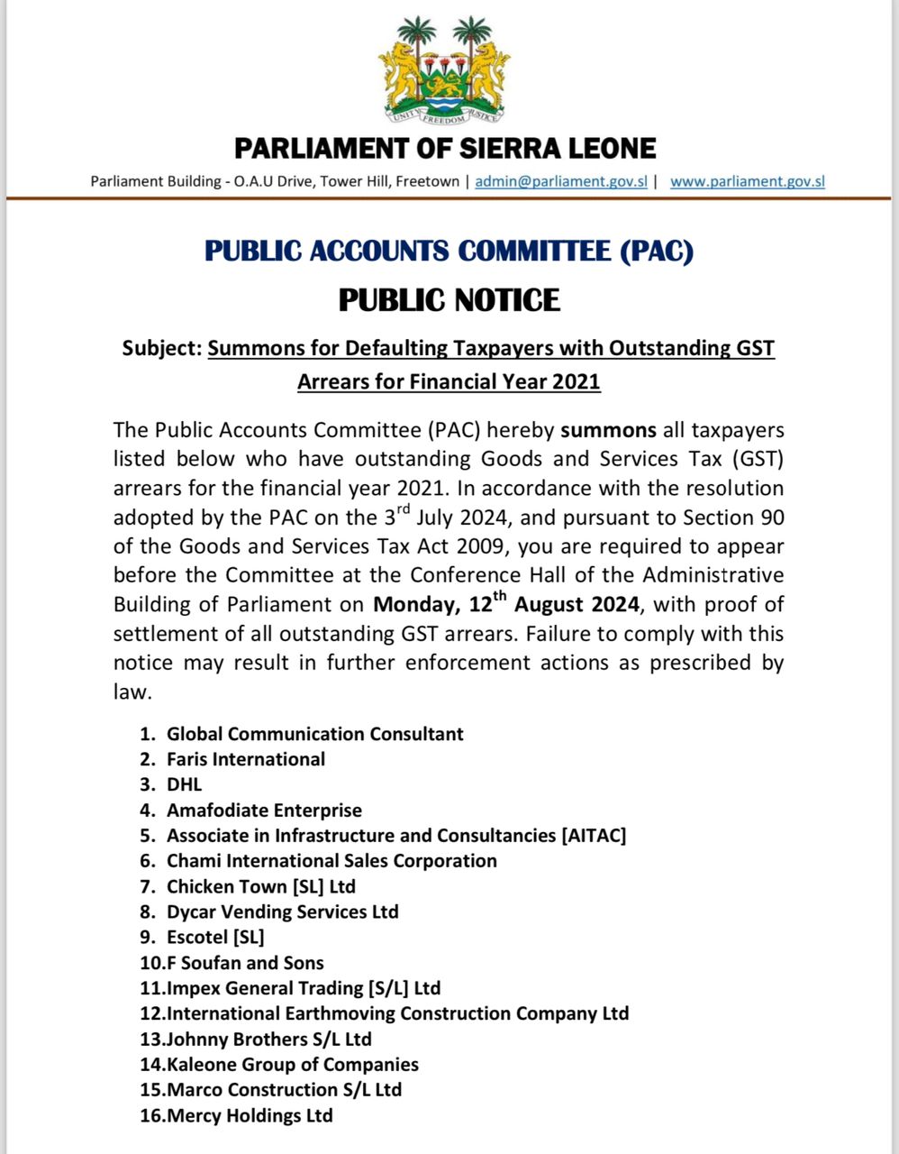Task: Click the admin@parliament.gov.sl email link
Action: pyautogui.click(x=561, y=181)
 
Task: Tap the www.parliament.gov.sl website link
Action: pyautogui.click(x=748, y=181)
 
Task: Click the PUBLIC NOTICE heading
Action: pyautogui.click(x=449, y=299)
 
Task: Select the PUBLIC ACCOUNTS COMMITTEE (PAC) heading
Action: pyautogui.click(x=449, y=251)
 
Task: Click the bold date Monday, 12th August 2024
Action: pyautogui.click(x=506, y=603)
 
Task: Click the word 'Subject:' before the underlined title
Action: pyautogui.click(x=162, y=348)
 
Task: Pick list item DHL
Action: pyautogui.click(x=184, y=784)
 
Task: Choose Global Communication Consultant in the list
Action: pyautogui.click(x=314, y=734)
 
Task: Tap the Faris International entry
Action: pyautogui.click(x=245, y=759)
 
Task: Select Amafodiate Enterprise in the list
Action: pyautogui.click(x=264, y=810)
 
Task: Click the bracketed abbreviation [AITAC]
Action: pyautogui.click(x=594, y=835)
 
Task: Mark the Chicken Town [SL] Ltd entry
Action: pyautogui.click(x=260, y=886)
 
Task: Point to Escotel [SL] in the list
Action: pyautogui.click(x=215, y=937)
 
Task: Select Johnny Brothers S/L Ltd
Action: pyautogui.click(x=268, y=1039)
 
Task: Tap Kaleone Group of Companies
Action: pyautogui.click(x=292, y=1065)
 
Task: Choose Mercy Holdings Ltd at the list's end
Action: pyautogui.click(x=250, y=1115)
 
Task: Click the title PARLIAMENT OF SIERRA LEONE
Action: pyautogui.click(x=445, y=148)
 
